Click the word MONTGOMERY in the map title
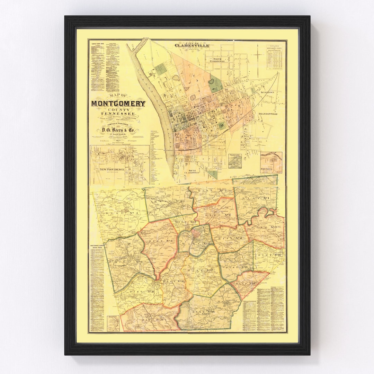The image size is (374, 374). [x=118, y=104]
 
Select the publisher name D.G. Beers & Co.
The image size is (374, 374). [x=118, y=130]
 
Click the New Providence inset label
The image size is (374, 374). [x=112, y=169]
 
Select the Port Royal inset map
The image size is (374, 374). [x=271, y=163]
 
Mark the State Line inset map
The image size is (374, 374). [x=235, y=161]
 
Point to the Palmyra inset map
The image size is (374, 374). [x=113, y=323]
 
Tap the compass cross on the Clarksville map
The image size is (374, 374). [x=258, y=55]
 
